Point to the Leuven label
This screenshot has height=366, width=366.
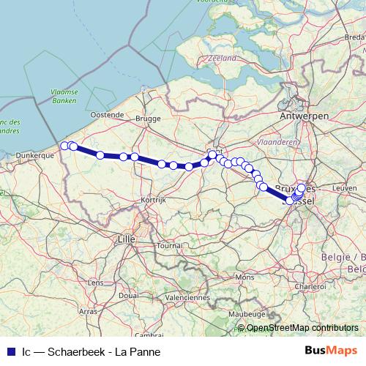click(x=344, y=188)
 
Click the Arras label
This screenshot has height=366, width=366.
click(x=89, y=311)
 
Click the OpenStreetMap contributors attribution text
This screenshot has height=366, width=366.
click(x=302, y=329)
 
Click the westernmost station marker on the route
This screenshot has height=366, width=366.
click(x=64, y=146)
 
